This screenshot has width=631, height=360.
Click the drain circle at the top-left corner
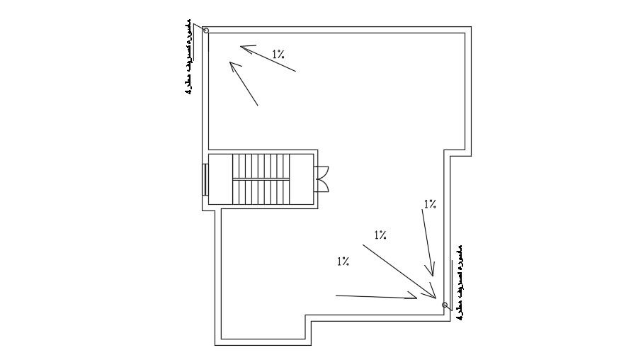[206, 30]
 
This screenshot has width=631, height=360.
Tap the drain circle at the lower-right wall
[445, 305]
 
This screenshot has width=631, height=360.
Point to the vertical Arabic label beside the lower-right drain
[460, 283]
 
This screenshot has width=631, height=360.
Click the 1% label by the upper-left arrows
[279, 53]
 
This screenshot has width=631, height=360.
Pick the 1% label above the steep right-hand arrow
[430, 204]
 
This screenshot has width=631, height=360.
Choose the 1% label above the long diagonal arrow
[380, 235]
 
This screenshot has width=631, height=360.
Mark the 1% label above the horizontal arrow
[343, 261]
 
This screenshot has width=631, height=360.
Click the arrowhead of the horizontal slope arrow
[411, 297]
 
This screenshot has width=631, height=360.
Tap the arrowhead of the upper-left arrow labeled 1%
[245, 49]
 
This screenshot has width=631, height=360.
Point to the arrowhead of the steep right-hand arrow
[430, 269]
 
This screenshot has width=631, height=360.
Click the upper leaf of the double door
[322, 171]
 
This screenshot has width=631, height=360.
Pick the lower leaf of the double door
[322, 185]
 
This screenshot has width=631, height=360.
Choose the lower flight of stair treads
[261, 190]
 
